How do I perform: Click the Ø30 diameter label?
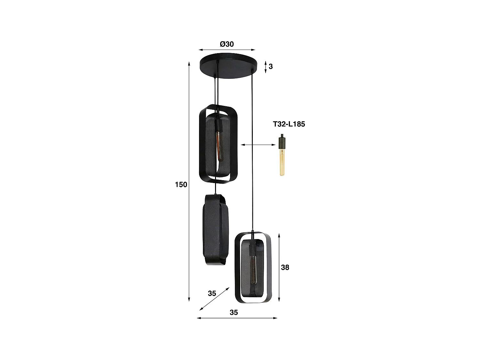click(x=227, y=44)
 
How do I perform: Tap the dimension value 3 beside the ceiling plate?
click(x=271, y=67)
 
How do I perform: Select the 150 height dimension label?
click(x=181, y=185)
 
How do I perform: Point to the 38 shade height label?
click(x=285, y=267)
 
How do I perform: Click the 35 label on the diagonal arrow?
click(x=212, y=293)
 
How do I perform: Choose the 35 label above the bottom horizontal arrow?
click(x=234, y=312)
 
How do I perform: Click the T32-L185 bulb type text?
click(x=289, y=124)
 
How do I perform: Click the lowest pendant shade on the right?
click(x=253, y=268)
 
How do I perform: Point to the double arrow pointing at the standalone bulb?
click(x=258, y=145)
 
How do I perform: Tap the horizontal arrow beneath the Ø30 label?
click(x=227, y=50)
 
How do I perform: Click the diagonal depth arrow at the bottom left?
click(x=214, y=299)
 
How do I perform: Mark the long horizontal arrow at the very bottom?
click(x=237, y=318)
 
